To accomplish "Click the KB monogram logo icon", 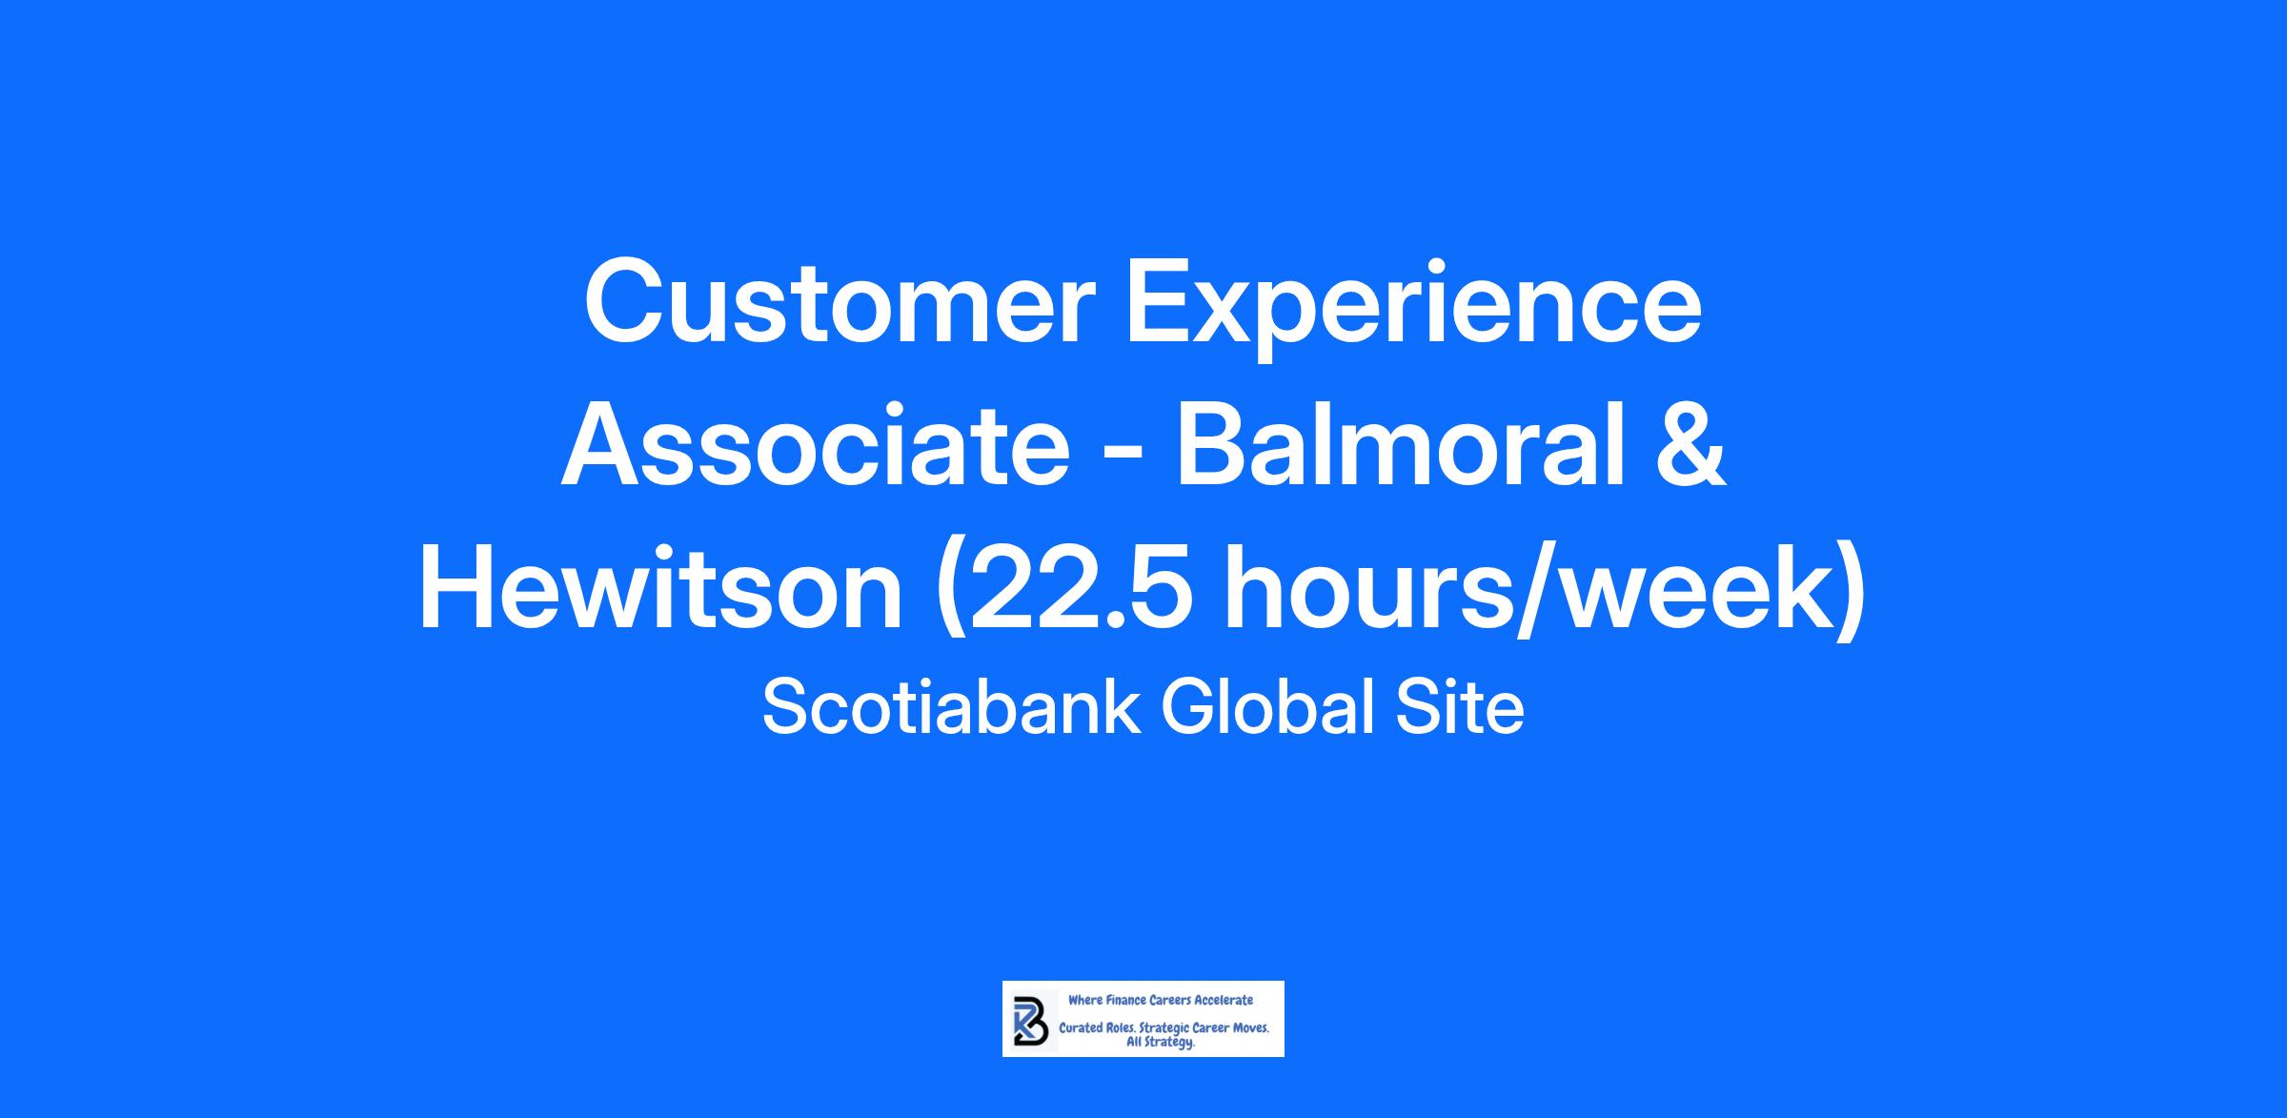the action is coord(1031,1021).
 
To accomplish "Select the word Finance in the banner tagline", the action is coord(1126,1000).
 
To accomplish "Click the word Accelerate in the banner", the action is coord(1224,1000).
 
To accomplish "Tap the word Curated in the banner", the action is coord(1082,1027).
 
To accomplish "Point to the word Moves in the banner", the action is coord(1249,1027).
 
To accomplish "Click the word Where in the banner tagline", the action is coord(1085,1000).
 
